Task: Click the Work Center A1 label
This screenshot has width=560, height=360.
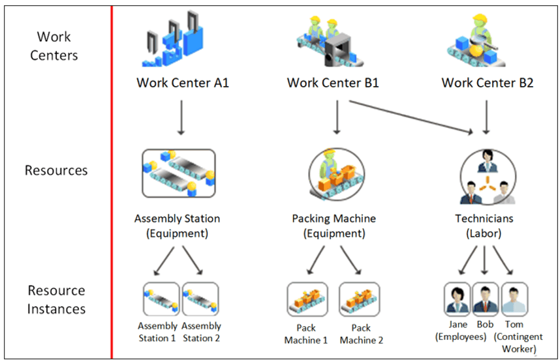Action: [182, 83]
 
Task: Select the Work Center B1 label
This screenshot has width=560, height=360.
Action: [333, 83]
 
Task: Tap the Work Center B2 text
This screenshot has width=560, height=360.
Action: [487, 83]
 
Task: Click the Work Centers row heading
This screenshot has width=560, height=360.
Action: [54, 46]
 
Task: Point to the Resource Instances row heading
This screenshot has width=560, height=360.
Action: [56, 299]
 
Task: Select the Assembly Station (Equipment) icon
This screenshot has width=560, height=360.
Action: [179, 173]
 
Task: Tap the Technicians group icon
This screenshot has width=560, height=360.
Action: [484, 174]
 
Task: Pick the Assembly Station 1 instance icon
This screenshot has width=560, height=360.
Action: [161, 299]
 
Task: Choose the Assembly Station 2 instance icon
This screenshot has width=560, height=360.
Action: [200, 299]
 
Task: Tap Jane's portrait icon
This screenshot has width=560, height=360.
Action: [457, 299]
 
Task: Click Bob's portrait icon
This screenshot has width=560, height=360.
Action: [485, 299]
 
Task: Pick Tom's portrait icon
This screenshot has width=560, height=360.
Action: [514, 299]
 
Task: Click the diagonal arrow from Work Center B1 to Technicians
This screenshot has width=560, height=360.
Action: [411, 117]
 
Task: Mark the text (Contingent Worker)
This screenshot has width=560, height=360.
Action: [515, 342]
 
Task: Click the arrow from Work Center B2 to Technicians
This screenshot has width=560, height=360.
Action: [486, 117]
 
